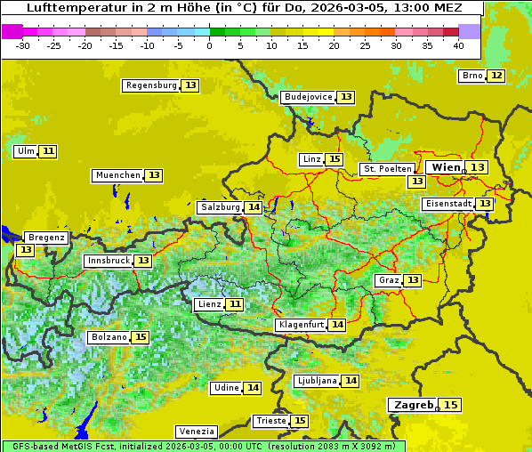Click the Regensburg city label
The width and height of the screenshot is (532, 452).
click(151, 85)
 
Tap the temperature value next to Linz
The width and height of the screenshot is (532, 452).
click(334, 159)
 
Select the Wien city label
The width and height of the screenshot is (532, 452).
click(447, 167)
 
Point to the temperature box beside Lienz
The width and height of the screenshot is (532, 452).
click(235, 304)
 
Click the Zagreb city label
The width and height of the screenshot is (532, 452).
click(412, 405)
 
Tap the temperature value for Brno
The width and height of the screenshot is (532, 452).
click(496, 76)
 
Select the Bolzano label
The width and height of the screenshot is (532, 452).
click(109, 337)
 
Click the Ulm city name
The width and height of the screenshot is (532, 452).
click(25, 151)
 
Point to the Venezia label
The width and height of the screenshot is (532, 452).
click(196, 431)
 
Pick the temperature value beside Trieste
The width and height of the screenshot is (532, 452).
click(300, 421)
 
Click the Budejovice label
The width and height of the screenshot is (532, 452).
click(308, 97)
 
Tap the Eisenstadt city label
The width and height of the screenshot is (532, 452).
click(448, 204)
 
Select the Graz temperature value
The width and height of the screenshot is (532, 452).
click(413, 280)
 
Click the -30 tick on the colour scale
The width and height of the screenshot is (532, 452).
click(23, 45)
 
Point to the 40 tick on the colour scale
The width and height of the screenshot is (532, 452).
click(458, 45)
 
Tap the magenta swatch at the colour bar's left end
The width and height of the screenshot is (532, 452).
click(12, 31)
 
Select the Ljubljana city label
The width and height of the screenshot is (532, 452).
click(317, 381)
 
